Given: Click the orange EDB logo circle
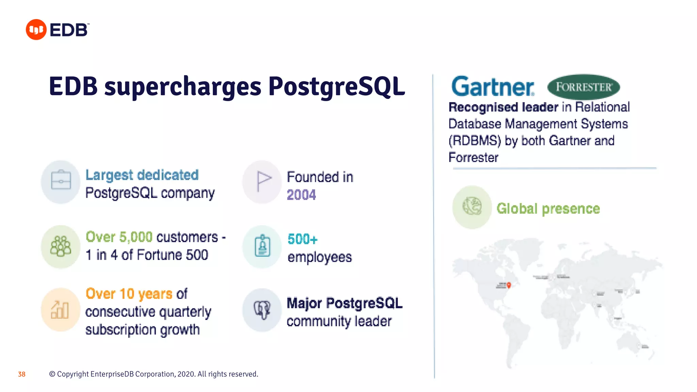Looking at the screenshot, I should pyautogui.click(x=36, y=30).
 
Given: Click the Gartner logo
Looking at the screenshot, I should pyautogui.click(x=492, y=86).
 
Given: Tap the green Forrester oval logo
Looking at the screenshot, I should pyautogui.click(x=583, y=87).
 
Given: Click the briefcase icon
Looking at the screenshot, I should pyautogui.click(x=61, y=180).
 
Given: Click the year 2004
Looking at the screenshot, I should pyautogui.click(x=301, y=195).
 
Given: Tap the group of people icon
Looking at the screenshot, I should pyautogui.click(x=61, y=246).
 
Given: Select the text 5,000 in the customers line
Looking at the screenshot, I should pyautogui.click(x=136, y=237).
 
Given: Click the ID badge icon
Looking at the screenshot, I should pyautogui.click(x=262, y=246).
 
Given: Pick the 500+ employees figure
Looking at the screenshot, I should pyautogui.click(x=302, y=239).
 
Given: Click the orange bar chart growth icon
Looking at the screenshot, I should pyautogui.click(x=60, y=310).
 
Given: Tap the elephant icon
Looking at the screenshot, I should pyautogui.click(x=262, y=310).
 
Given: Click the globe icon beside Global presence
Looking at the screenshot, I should pyautogui.click(x=472, y=206).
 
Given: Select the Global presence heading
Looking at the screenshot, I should pyautogui.click(x=548, y=209).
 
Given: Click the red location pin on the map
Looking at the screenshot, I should pyautogui.click(x=509, y=285).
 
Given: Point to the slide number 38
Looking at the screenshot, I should pyautogui.click(x=22, y=374).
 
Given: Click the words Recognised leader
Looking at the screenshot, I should pyautogui.click(x=503, y=107).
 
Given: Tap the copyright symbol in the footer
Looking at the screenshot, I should pyautogui.click(x=52, y=374).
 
